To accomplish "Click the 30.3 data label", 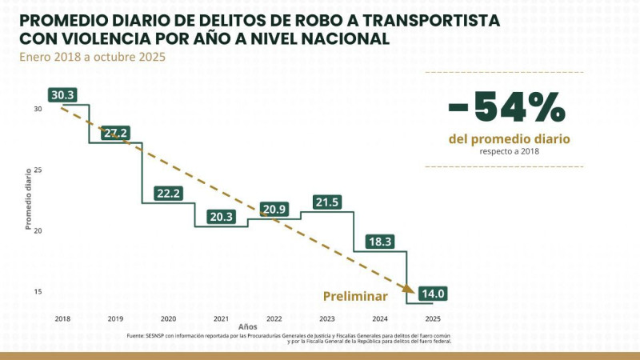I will [62, 95].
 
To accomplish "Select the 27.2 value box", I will [115, 133].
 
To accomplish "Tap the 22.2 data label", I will [169, 194].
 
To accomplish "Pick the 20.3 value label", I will [222, 216].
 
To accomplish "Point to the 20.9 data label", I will [274, 209].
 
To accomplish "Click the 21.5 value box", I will [327, 202].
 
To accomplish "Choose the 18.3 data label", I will [380, 241].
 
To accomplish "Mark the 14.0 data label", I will [433, 294].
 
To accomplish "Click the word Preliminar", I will [355, 296].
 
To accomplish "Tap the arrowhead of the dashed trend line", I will [408, 289].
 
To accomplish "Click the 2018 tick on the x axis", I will [62, 318].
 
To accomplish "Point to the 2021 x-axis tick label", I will [222, 318].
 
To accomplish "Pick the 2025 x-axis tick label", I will [433, 318].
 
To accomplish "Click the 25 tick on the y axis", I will [38, 170].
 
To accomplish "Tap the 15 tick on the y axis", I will [38, 292].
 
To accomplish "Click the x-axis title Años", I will [248, 326].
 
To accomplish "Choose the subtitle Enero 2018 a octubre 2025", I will [93, 57].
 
